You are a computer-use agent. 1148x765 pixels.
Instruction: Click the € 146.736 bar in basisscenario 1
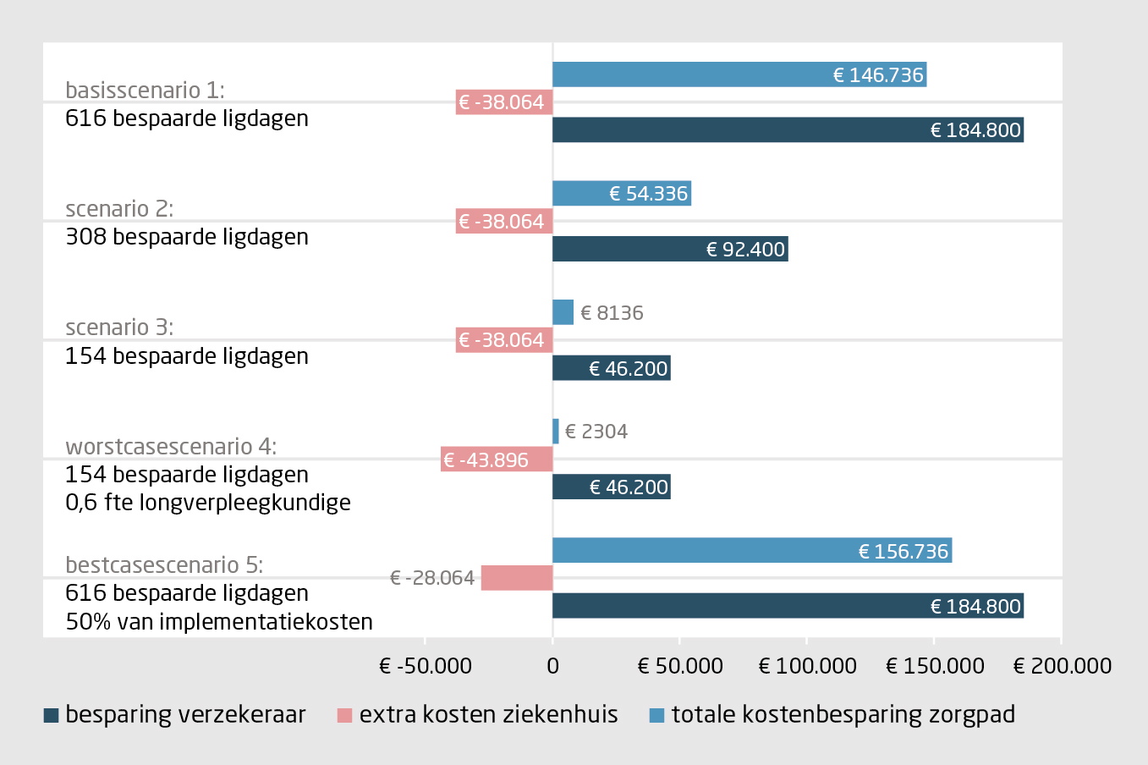[x=739, y=75]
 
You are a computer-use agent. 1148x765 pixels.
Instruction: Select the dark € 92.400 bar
[x=670, y=250]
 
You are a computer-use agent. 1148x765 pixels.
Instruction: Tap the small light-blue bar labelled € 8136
[x=563, y=313]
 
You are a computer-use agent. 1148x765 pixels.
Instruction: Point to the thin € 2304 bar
[x=556, y=432]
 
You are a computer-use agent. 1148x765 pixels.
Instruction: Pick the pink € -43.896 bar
[x=497, y=460]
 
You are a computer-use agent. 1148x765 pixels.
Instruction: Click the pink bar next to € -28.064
[x=517, y=578]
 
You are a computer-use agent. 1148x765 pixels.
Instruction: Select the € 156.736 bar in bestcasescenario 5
[x=751, y=551]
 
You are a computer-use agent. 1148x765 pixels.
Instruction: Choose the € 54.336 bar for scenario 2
[x=621, y=194]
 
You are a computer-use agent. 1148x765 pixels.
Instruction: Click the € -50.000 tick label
[x=426, y=666]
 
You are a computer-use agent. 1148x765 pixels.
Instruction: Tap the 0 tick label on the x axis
[x=552, y=666]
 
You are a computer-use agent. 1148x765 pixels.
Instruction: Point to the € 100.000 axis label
[x=807, y=666]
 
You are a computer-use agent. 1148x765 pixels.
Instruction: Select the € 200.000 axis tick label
[x=1062, y=666]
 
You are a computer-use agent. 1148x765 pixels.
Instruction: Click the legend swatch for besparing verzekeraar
[x=51, y=716]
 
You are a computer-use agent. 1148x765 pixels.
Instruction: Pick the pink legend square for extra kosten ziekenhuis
[x=344, y=716]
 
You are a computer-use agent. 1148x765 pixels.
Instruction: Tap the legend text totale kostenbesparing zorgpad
[x=843, y=715]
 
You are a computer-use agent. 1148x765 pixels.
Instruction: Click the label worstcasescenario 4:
[x=171, y=446]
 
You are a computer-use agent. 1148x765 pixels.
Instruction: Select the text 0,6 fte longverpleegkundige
[x=208, y=503]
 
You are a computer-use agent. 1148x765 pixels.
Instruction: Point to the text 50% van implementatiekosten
[x=219, y=622]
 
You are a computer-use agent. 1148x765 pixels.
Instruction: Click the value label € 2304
[x=596, y=432]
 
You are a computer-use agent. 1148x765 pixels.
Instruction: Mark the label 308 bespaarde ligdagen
[x=187, y=237]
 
